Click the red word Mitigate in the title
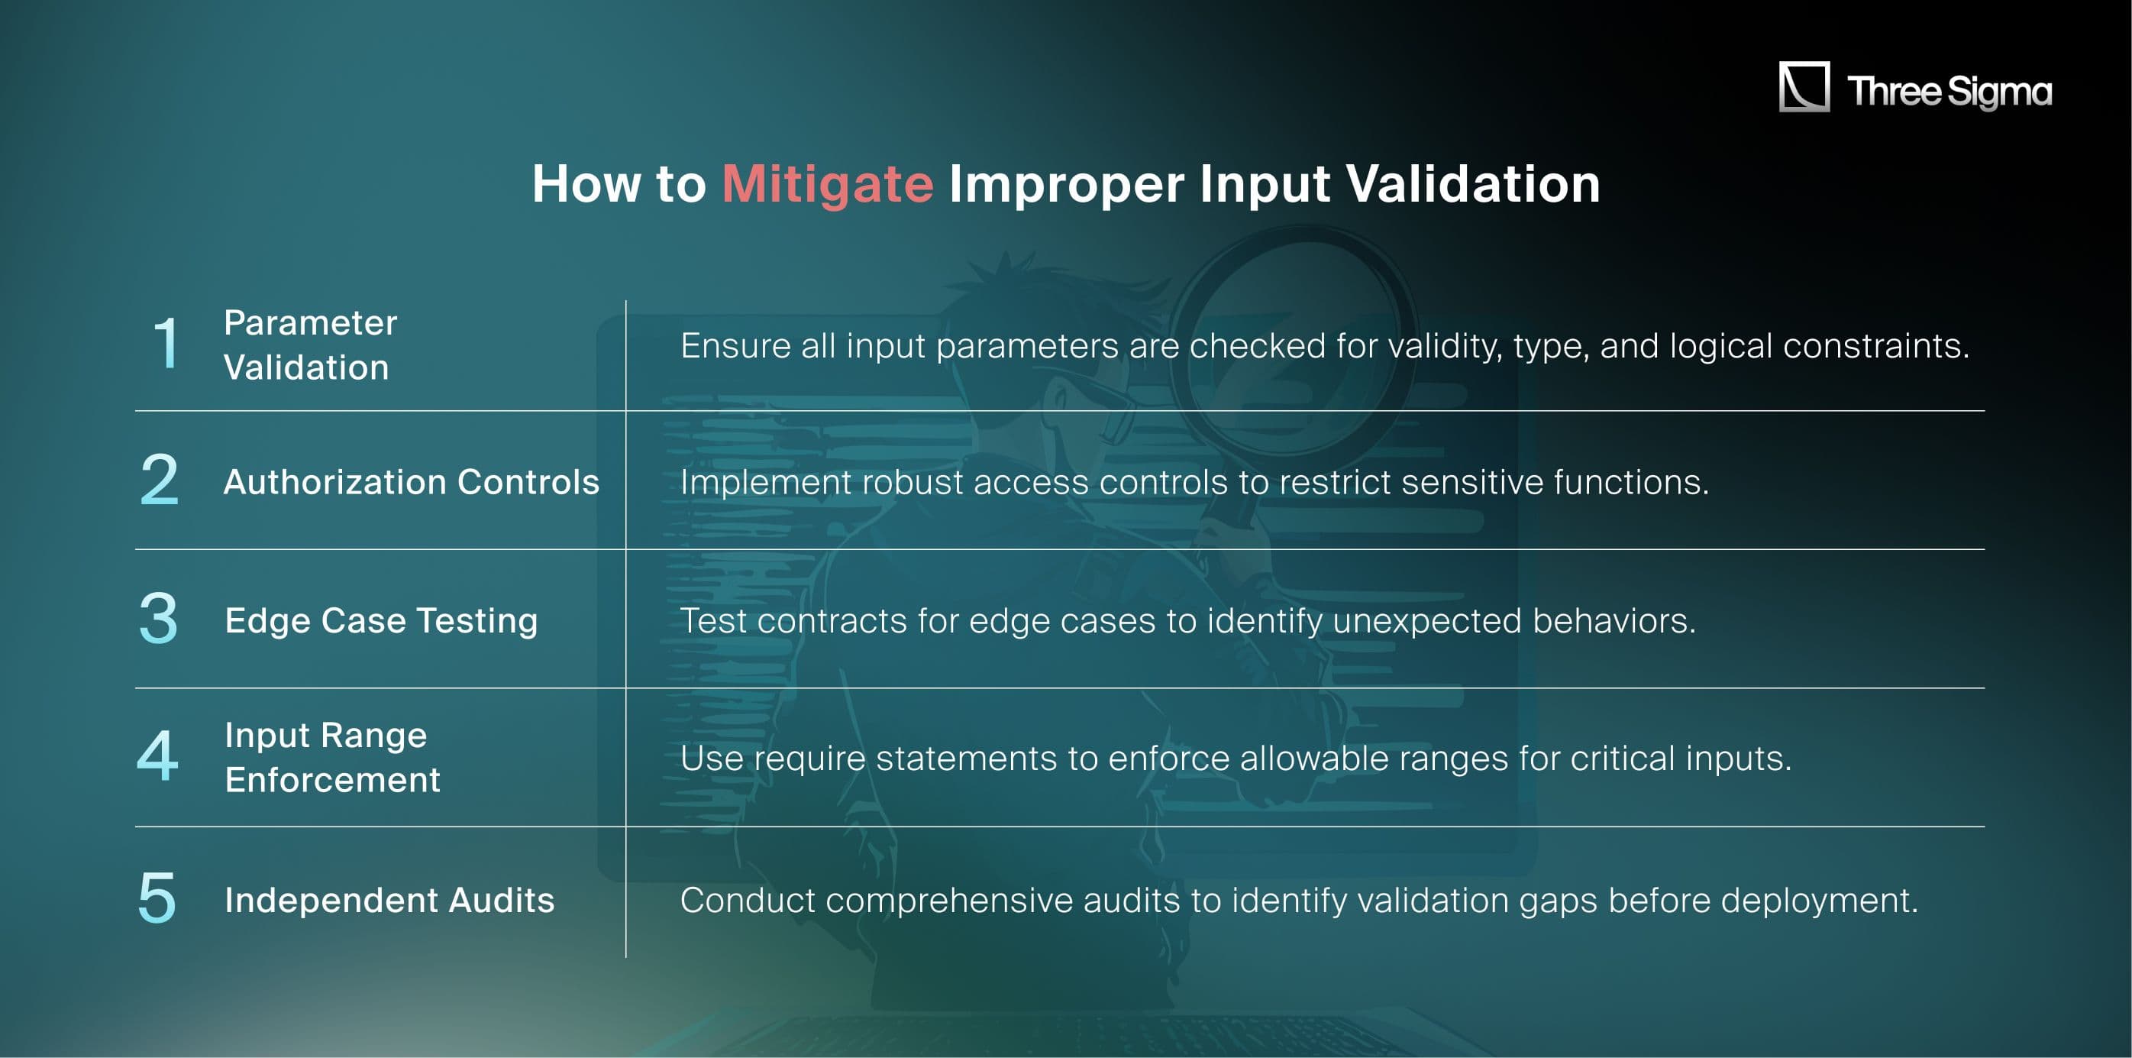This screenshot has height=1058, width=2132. [x=828, y=183]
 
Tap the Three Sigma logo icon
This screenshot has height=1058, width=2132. [x=1804, y=86]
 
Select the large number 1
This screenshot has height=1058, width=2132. [x=166, y=343]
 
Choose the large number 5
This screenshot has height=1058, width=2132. [x=157, y=898]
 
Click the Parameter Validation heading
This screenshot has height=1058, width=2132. [x=310, y=345]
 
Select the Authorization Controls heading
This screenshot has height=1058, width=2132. [x=412, y=482]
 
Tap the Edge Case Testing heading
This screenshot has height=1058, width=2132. [x=382, y=620]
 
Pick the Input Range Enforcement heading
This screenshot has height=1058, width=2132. [x=332, y=757]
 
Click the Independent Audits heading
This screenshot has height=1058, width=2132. [x=389, y=900]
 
